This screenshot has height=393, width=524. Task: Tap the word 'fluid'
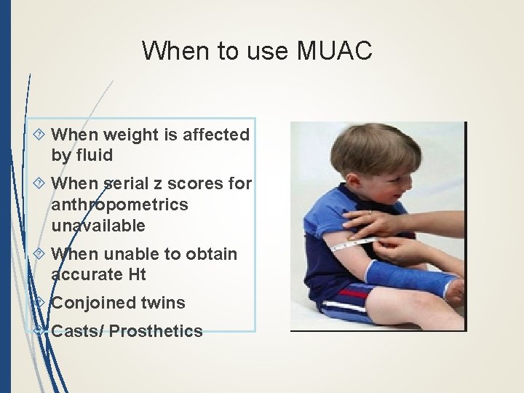pyautogui.click(x=93, y=155)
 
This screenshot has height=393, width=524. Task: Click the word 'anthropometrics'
pyautogui.click(x=119, y=205)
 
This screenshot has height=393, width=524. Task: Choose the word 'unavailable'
pyautogui.click(x=98, y=226)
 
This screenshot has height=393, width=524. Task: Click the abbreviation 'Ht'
pyautogui.click(x=136, y=274)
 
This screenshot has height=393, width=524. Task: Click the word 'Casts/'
pyautogui.click(x=77, y=331)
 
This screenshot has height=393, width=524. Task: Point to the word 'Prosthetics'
pyautogui.click(x=156, y=331)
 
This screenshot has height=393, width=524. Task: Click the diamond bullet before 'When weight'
pyautogui.click(x=39, y=135)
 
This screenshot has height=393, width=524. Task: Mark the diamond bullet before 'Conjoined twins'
pyautogui.click(x=39, y=303)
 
